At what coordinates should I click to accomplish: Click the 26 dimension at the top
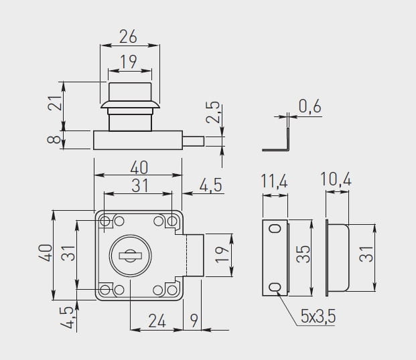pos(128,37)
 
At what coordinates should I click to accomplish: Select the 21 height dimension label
pos(55,102)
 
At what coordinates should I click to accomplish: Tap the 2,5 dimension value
pos(213,112)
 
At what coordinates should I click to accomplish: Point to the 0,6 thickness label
pos(310,106)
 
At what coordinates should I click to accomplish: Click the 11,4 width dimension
pos(275,181)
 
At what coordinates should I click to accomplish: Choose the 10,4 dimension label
pos(336,179)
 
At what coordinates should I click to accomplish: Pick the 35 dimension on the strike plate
pos(303,254)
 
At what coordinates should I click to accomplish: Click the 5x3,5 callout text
pos(318,316)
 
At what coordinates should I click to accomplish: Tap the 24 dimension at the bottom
pos(157,321)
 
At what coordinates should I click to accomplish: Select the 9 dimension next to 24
pos(194,321)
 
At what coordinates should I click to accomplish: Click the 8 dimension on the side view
pos(54,140)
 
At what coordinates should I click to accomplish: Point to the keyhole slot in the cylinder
pos(130,256)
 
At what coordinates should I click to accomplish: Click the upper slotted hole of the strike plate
pos(275,228)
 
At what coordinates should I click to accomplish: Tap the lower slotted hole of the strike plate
pos(275,287)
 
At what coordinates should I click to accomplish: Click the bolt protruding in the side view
pos(194,141)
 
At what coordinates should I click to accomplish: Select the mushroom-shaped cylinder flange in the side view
pos(130,104)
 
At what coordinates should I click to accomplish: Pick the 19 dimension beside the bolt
pos(222,255)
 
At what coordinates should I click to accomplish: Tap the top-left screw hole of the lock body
pos(105,221)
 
